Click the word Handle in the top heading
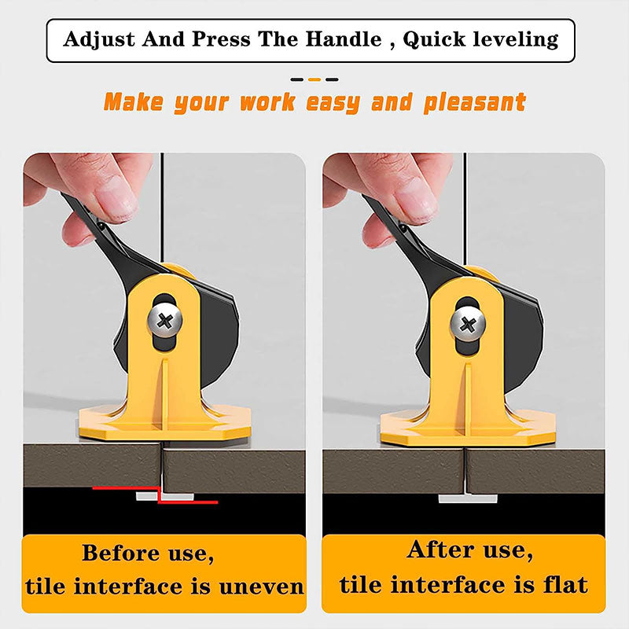click(x=343, y=39)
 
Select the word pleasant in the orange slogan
click(x=474, y=103)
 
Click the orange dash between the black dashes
click(x=314, y=79)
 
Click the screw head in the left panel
click(x=165, y=321)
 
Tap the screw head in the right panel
click(x=467, y=324)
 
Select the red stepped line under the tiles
click(x=160, y=495)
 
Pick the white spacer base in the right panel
click(x=468, y=498)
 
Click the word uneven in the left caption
click(x=261, y=587)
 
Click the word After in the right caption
click(x=440, y=550)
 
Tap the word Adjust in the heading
click(x=99, y=40)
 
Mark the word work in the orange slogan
click(x=267, y=102)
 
